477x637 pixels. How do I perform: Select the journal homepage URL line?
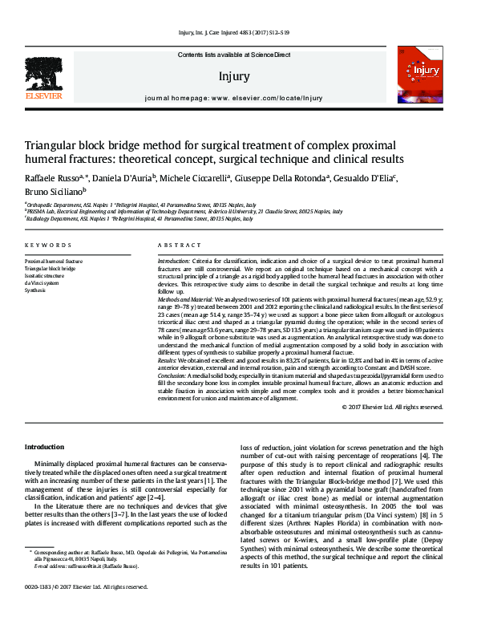tap(234, 98)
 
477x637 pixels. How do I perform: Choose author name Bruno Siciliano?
tap(53, 193)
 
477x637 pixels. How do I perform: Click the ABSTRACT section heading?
tap(174, 245)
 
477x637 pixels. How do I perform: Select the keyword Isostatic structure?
tap(47, 275)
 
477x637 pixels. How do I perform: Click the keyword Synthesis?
tap(35, 290)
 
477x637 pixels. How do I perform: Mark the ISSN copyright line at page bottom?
tap(86, 609)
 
